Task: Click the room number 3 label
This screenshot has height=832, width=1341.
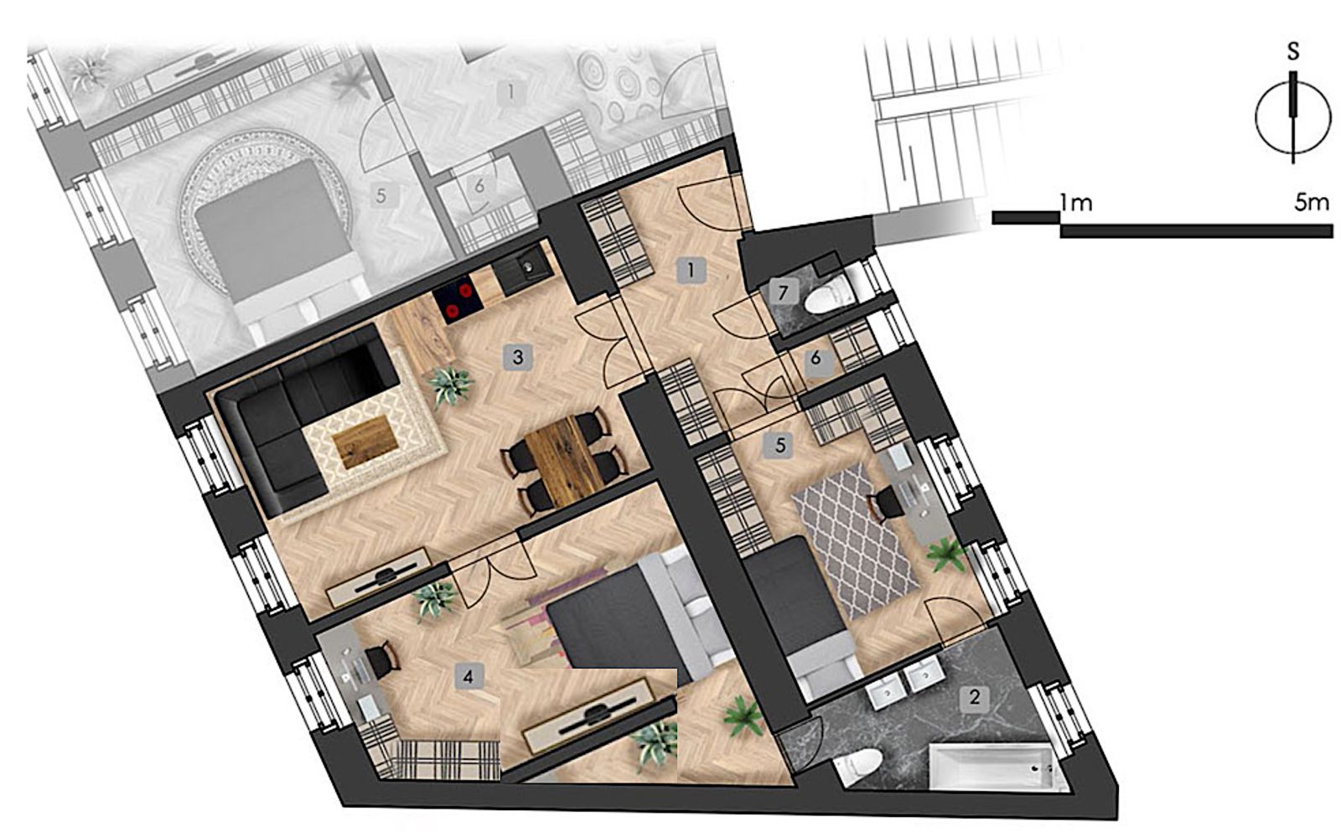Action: pos(518,357)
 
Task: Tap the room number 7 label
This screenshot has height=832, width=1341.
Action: pos(781,292)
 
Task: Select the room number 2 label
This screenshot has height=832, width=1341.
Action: pos(974,698)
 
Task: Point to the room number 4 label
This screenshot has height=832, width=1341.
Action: pos(469,677)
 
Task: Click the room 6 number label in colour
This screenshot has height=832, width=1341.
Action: pos(815,359)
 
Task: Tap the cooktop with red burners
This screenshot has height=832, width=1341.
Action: pos(458,301)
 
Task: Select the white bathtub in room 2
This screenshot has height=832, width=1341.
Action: pos(997,768)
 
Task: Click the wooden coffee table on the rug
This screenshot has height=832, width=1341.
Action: pos(365,443)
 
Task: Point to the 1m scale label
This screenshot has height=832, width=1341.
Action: pos(1075,204)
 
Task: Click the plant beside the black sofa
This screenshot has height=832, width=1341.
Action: pos(450,386)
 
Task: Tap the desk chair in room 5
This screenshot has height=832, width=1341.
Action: pos(885,504)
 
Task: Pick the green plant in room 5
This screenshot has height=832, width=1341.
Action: pos(946,555)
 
